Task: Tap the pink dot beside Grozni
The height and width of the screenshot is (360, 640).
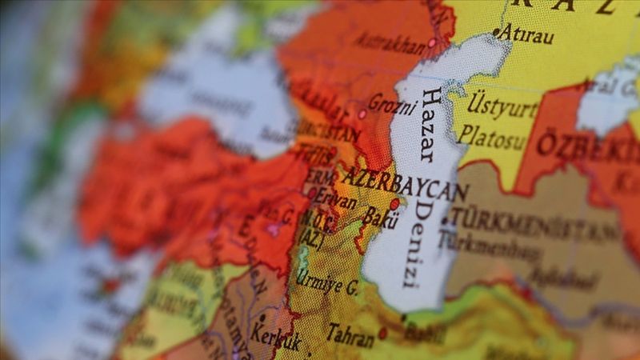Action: (x=362, y=114)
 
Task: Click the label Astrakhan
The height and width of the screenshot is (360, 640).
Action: (x=389, y=43)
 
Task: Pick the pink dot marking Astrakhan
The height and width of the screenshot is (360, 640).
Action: (x=432, y=42)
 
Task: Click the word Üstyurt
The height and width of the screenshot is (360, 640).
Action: (x=501, y=106)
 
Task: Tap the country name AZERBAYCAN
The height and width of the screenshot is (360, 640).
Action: (x=404, y=183)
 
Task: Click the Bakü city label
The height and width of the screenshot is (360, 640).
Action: (x=380, y=216)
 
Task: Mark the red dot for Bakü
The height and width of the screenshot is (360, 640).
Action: (x=394, y=204)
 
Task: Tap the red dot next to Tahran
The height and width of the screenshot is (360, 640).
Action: (x=382, y=333)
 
